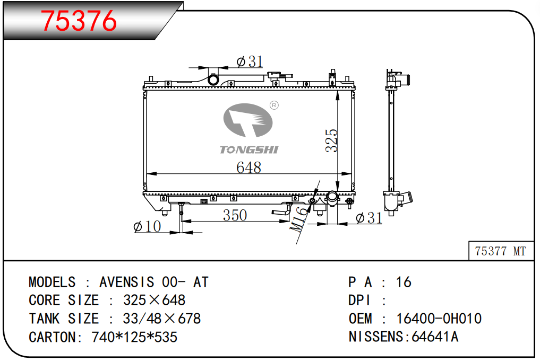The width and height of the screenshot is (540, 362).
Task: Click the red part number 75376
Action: tap(79, 21)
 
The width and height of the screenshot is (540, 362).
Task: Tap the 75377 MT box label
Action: tap(500, 251)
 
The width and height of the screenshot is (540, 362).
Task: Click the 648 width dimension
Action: tap(248, 167)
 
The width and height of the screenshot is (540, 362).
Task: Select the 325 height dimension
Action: tap(331, 140)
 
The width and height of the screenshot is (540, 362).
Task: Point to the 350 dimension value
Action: tap(235, 216)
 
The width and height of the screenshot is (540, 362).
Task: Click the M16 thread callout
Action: tap(298, 219)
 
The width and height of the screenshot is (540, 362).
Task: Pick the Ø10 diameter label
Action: tap(147, 226)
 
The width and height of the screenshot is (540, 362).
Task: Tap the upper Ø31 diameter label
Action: tap(250, 62)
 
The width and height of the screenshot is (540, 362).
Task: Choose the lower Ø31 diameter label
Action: tap(369, 218)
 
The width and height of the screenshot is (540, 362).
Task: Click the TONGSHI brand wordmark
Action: tap(249, 150)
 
